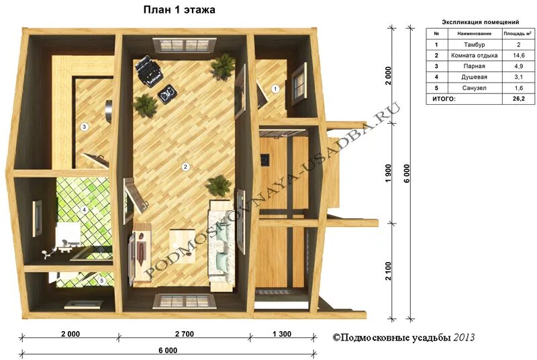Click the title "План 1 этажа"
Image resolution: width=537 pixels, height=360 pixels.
pyautogui.click(x=179, y=10)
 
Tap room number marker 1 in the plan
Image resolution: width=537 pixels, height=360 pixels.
pyautogui.click(x=275, y=89)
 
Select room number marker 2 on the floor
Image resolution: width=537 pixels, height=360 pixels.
pyautogui.click(x=185, y=167)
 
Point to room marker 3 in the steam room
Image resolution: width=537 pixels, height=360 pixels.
pyautogui.click(x=85, y=127)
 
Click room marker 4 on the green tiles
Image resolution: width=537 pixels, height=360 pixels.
pyautogui.click(x=84, y=210)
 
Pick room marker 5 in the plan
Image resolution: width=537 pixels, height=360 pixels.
pyautogui.click(x=102, y=281)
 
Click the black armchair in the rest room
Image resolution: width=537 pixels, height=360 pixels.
pyautogui.click(x=148, y=71)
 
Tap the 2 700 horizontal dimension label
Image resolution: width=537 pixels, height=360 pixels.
pyautogui.click(x=185, y=334)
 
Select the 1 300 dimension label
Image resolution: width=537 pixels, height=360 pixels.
pyautogui.click(x=282, y=334)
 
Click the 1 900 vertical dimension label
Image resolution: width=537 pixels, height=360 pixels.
pyautogui.click(x=389, y=173)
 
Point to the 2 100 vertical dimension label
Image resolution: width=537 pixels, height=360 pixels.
pyautogui.click(x=389, y=271)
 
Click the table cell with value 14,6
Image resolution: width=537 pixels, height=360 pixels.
pyautogui.click(x=518, y=55)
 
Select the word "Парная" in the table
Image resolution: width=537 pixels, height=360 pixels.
pyautogui.click(x=475, y=66)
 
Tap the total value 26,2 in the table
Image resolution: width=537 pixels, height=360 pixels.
pyautogui.click(x=518, y=99)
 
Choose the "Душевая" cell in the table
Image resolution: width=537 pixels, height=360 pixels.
pyautogui.click(x=475, y=77)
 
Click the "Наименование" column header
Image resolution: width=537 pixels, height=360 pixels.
pyautogui.click(x=475, y=34)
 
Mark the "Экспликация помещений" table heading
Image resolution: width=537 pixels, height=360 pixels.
pyautogui.click(x=481, y=22)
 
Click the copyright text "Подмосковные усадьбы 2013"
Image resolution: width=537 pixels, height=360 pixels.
pyautogui.click(x=403, y=338)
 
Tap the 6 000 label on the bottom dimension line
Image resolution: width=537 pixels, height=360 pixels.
pyautogui.click(x=168, y=351)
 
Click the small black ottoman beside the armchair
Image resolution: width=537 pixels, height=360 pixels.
pyautogui.click(x=167, y=92)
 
